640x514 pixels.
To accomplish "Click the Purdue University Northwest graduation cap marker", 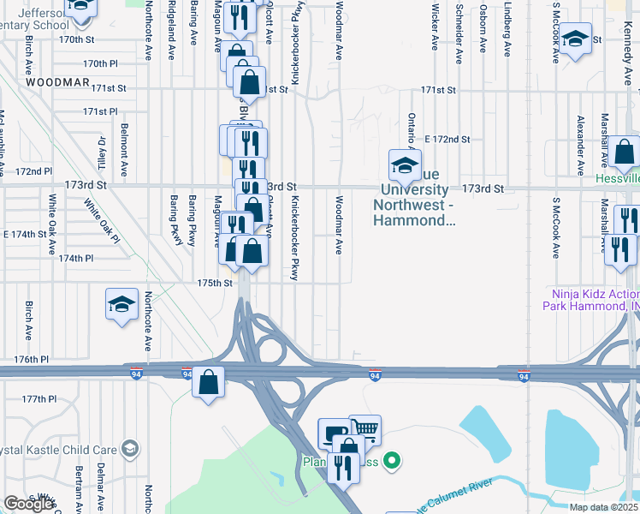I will [405, 164].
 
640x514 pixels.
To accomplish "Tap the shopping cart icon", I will [364, 427].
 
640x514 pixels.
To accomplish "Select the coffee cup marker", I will [334, 433].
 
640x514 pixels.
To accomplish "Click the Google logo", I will [28, 504].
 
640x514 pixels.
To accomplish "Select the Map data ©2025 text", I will [603, 508].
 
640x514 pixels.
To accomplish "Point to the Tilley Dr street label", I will [101, 152].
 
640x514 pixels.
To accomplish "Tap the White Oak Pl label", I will [101, 222].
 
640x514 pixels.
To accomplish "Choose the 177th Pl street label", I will [39, 399].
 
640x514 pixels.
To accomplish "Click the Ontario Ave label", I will [412, 133].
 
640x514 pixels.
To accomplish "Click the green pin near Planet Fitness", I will [392, 462].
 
